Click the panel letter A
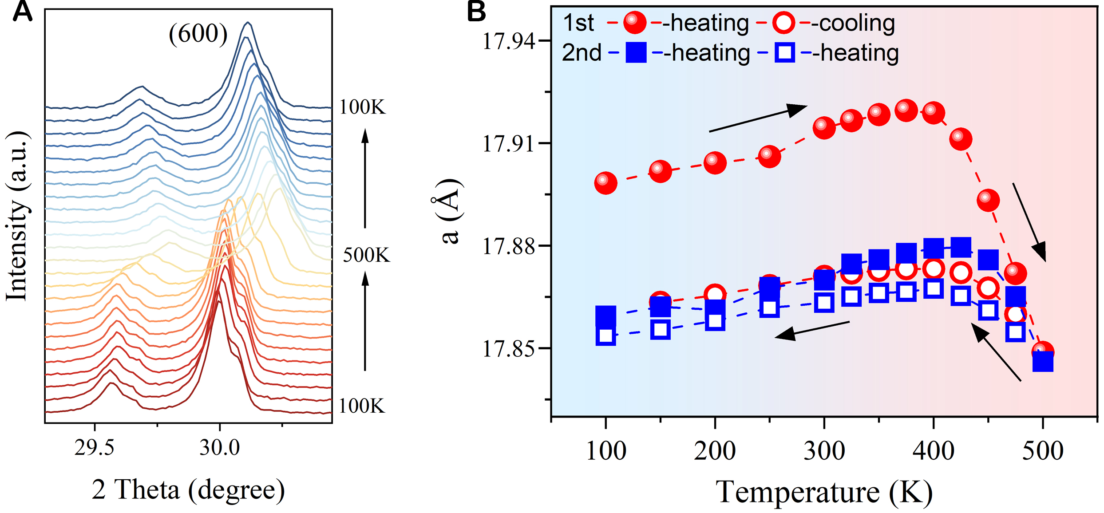point(22,12)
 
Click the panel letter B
point(476,12)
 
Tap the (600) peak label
point(198,34)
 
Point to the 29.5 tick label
point(94,447)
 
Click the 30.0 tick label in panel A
point(219,447)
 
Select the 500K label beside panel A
point(366,255)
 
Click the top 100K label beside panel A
point(362,107)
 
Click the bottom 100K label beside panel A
point(361,406)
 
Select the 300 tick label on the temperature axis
point(824,451)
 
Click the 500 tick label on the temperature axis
point(1043,451)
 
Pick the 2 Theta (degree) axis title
point(188,490)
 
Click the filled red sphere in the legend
point(635,23)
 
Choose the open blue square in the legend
point(785,53)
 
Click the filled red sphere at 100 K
point(606,182)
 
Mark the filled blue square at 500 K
point(1043,362)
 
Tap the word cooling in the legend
point(857,23)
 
